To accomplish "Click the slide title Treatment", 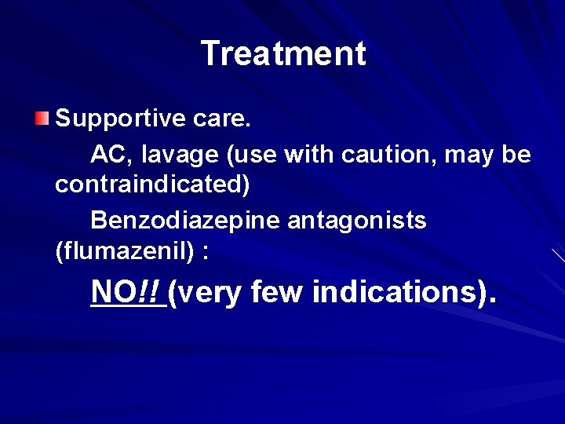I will click(x=282, y=54).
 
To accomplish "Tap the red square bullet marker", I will click(x=42, y=119).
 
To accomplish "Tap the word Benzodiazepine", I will click(x=185, y=221).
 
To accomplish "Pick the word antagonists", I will click(x=357, y=221).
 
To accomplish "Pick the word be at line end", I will click(x=516, y=155).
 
